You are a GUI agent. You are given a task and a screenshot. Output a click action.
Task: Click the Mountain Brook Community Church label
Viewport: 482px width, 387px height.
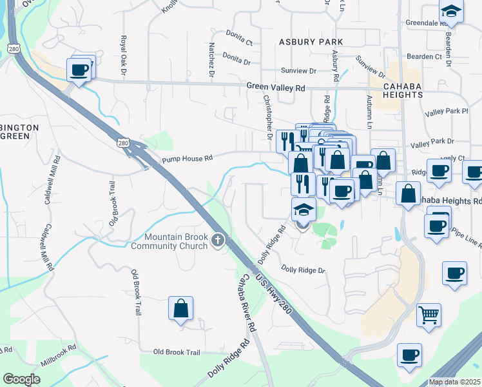[170, 241]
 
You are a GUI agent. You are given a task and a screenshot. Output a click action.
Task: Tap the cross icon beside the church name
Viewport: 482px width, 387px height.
[218, 241]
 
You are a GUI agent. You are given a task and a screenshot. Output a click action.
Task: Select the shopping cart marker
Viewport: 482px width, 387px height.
[429, 315]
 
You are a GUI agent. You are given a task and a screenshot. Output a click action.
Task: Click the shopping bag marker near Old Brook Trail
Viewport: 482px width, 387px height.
[181, 308]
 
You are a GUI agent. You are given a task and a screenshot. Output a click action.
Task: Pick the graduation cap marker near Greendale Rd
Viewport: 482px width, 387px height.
[451, 11]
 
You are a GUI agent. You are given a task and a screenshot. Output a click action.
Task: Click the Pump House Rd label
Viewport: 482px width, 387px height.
[187, 158]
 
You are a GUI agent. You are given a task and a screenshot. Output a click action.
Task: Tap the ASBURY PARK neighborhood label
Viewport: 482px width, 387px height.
[311, 41]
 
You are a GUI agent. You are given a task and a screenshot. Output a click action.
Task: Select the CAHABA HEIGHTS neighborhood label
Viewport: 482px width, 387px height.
[403, 90]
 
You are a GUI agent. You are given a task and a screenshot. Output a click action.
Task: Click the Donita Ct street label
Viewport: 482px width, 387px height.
[238, 34]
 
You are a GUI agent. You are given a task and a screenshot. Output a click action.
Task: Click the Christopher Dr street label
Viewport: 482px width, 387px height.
[268, 117]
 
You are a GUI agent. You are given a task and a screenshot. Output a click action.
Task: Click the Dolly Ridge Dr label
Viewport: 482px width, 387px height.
[304, 270]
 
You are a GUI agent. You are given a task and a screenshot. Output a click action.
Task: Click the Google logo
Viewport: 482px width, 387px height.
[21, 379]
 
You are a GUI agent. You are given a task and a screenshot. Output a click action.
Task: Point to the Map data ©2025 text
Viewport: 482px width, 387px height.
[454, 382]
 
